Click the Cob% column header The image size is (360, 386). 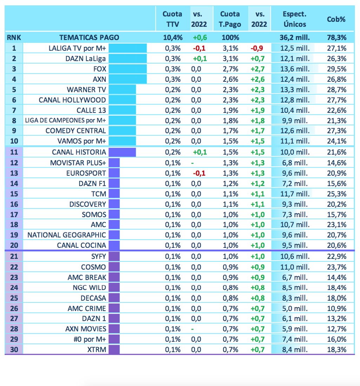pos(336,19)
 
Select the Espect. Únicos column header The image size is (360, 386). pos(295,19)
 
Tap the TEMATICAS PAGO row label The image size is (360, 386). pos(89,38)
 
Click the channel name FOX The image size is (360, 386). pos(99,69)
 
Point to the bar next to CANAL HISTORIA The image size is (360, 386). pos(122,152)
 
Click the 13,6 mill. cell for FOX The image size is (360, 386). pos(295,69)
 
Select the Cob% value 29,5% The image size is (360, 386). pos(336,69)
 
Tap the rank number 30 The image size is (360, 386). pos(14,350)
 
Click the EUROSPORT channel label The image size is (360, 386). pos(86,173)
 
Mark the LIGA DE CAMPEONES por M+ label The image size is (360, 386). pos(66,120)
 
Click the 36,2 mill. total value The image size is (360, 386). pos(295,38)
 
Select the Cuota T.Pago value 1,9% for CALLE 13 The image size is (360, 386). pos(230,110)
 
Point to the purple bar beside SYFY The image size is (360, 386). pos(114,257)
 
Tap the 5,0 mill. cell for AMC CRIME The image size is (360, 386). pos(295,308)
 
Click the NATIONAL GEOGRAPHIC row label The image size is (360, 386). pos(67,235)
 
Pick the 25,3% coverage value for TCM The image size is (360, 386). pos(336,194)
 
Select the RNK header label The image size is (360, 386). pos(14,38)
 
